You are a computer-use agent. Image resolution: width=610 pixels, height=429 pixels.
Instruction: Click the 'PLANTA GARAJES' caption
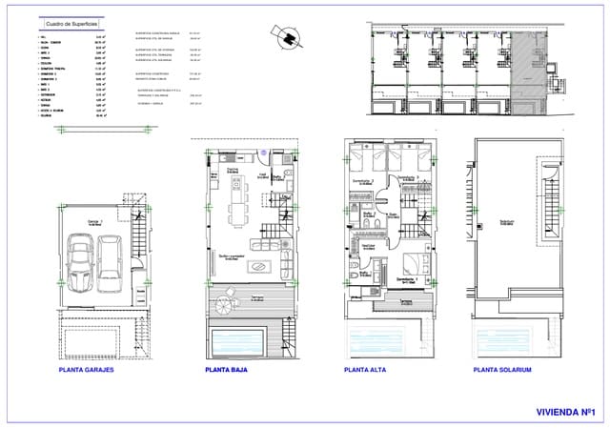pyautogui.click(x=90, y=370)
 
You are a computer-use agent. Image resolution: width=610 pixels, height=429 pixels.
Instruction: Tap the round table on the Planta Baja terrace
pyautogui.click(x=226, y=305)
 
